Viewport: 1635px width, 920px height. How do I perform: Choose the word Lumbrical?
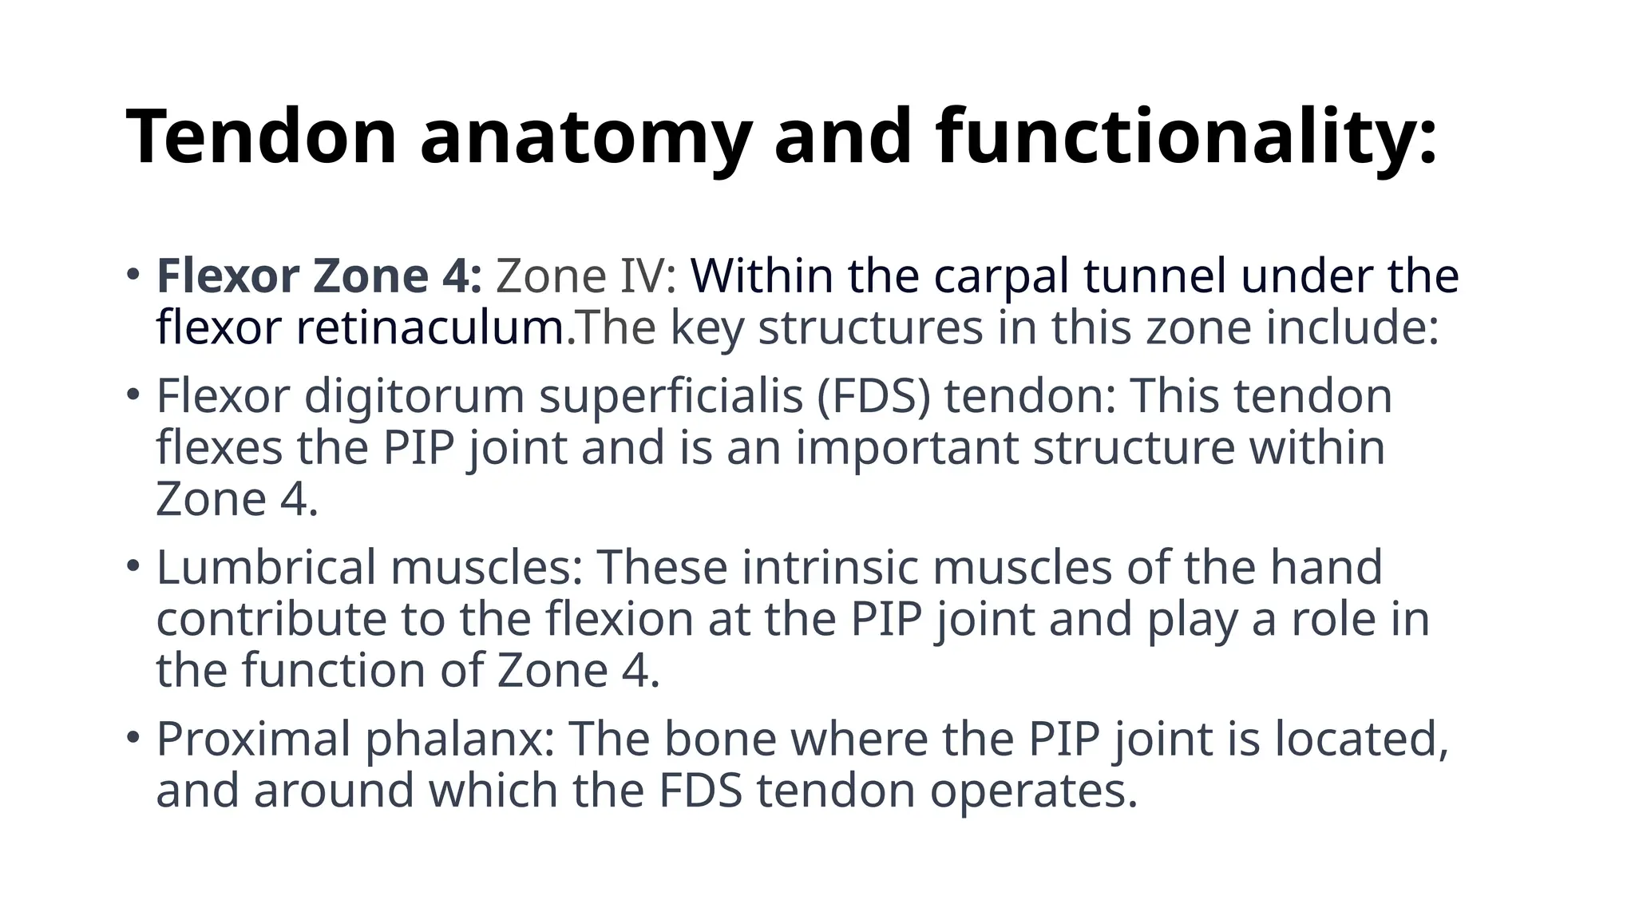(x=266, y=567)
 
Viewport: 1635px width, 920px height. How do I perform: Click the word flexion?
(x=620, y=619)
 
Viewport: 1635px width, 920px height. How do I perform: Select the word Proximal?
(x=253, y=739)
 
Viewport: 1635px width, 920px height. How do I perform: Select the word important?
(x=907, y=447)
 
